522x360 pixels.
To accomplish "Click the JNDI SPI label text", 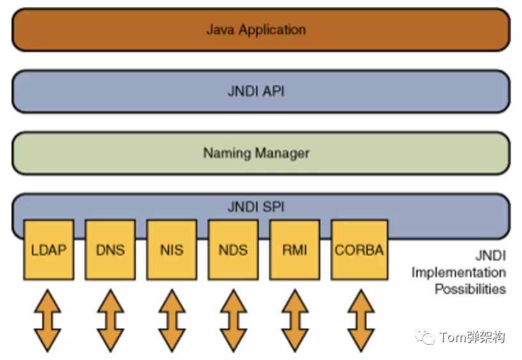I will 256,207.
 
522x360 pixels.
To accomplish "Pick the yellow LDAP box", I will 49,250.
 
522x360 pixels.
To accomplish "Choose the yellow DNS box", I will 110,250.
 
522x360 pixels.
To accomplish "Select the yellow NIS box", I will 172,250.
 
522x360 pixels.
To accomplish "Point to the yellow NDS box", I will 233,250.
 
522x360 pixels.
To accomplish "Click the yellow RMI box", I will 295,250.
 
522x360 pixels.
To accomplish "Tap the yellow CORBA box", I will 359,250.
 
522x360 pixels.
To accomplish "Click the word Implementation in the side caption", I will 459,273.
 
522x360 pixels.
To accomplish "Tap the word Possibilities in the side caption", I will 470,289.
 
